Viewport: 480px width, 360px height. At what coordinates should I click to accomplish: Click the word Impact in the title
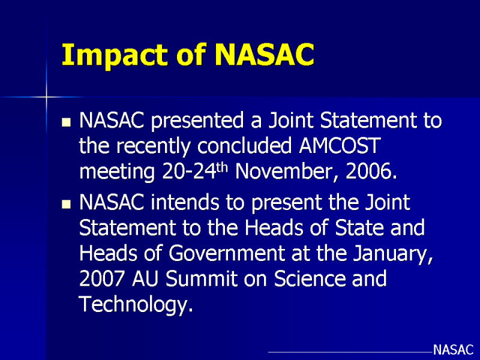pos(115,55)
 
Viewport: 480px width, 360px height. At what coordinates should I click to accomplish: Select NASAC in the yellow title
pos(265,55)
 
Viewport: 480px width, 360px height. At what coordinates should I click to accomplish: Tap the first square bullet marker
pos(66,122)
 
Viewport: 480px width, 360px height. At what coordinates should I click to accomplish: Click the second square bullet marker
pos(66,204)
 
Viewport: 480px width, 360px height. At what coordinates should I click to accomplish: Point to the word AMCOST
pos(340,145)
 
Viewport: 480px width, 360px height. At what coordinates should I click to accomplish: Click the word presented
pos(197,121)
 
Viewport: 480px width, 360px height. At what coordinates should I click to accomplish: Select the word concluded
pos(244,145)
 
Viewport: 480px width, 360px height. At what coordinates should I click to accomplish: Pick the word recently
pos(154,146)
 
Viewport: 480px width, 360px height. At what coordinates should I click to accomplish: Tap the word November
pos(284,172)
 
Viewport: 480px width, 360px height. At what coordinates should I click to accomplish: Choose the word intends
pos(185,202)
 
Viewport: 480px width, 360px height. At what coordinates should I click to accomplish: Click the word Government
pos(227,253)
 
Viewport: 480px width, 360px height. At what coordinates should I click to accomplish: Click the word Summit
pos(202,278)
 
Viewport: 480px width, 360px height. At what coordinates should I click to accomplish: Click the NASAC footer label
pos(453,350)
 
